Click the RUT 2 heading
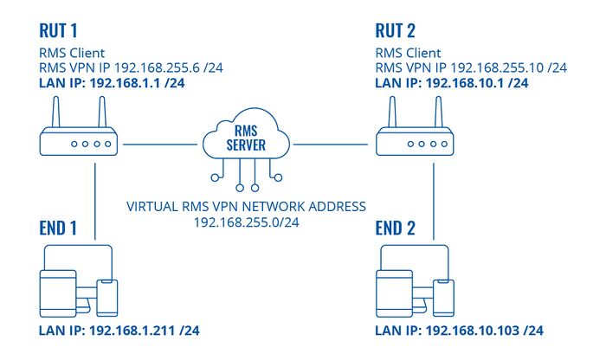(398, 31)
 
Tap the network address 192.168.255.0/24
(247, 223)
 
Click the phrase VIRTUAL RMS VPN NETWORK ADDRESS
(247, 207)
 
